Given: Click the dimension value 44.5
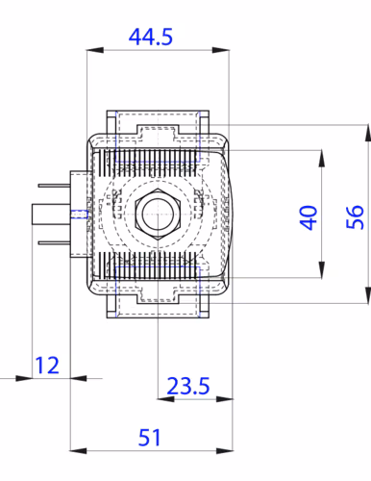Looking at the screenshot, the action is click(x=151, y=37).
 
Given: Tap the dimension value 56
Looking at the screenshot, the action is click(x=356, y=217).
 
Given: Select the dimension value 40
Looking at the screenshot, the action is click(x=309, y=217).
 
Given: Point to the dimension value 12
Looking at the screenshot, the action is click(x=47, y=366).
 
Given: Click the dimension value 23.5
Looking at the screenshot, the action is click(x=188, y=386).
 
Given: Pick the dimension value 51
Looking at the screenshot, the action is click(x=149, y=438).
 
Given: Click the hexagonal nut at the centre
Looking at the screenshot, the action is click(x=158, y=215).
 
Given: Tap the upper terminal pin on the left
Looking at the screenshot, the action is click(x=54, y=186).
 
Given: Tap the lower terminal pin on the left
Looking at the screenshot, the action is click(x=54, y=243).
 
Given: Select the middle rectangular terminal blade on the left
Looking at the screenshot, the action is click(x=51, y=215).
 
